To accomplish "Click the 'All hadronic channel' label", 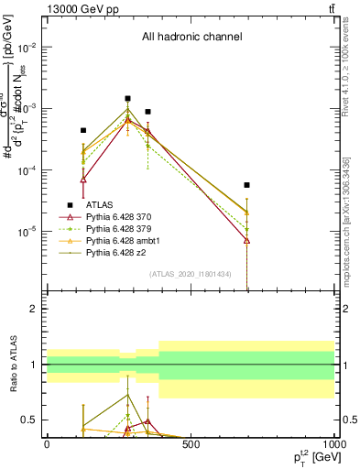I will [x=191, y=38].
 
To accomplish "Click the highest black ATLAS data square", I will [x=128, y=98].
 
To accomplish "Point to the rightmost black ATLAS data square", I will [x=247, y=185].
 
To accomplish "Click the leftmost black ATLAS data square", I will [x=83, y=131].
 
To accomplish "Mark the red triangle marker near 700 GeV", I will [x=247, y=240].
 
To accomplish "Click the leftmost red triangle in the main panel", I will [x=83, y=180].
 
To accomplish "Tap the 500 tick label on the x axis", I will [x=191, y=445].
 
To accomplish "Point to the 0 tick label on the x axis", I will [x=47, y=445].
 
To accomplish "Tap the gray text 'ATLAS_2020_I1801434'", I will [x=191, y=274].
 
